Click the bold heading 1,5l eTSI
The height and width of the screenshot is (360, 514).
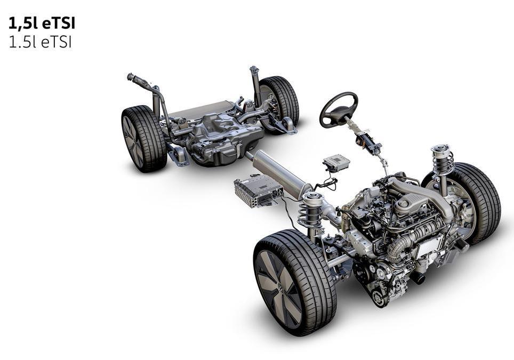click(x=42, y=24)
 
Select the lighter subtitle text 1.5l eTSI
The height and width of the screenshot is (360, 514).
click(x=40, y=43)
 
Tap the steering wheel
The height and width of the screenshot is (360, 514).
click(x=338, y=110)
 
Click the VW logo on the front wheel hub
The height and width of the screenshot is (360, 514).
click(x=280, y=289)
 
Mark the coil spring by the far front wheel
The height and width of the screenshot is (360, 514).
click(x=443, y=160)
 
